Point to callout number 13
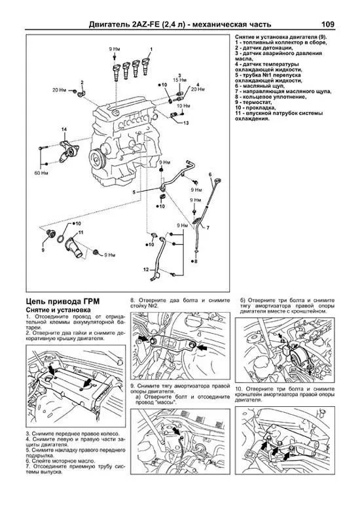point(186,122)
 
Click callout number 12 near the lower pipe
point(146,268)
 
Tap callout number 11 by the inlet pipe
point(80,232)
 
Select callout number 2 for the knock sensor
point(82,82)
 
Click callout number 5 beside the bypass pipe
point(134,192)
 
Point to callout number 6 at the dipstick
point(211,175)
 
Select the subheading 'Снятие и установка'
point(58,308)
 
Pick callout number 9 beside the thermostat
point(43,250)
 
